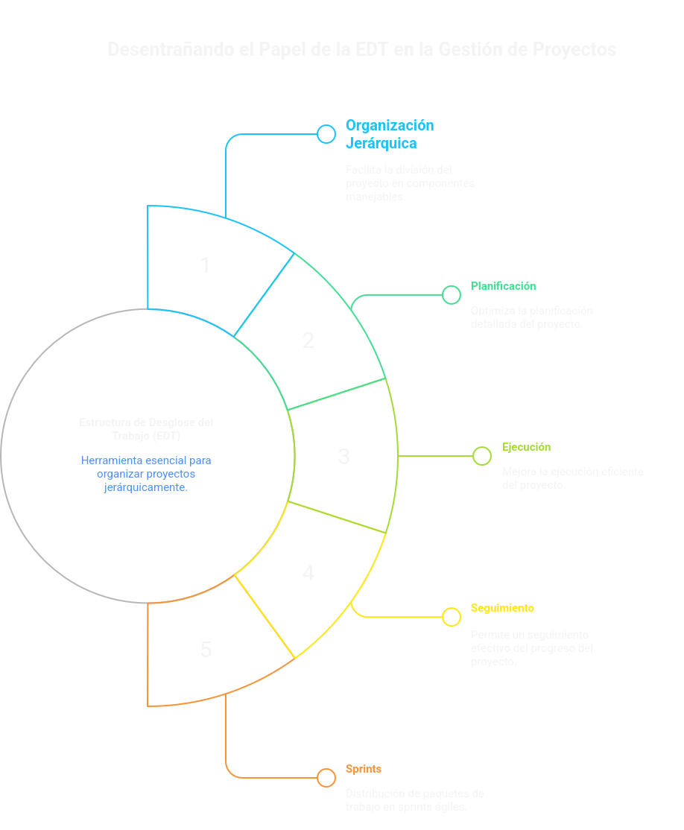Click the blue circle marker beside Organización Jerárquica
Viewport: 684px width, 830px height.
326,134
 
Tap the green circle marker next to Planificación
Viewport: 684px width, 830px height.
452,295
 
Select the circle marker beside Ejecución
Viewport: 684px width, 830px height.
483,456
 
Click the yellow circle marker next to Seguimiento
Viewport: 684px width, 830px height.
452,617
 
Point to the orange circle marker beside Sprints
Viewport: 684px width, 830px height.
326,778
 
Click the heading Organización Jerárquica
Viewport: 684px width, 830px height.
389,134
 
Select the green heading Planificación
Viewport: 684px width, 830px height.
503,286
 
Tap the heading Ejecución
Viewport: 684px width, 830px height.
526,447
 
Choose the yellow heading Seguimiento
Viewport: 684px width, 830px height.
502,608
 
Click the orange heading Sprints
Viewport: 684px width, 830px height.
364,769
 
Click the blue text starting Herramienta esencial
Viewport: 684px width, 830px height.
146,473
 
